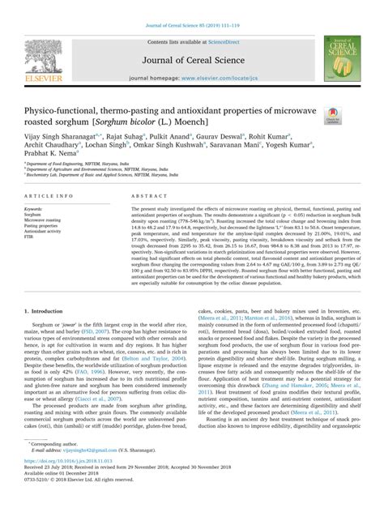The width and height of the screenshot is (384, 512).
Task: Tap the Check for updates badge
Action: click(x=334, y=117)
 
